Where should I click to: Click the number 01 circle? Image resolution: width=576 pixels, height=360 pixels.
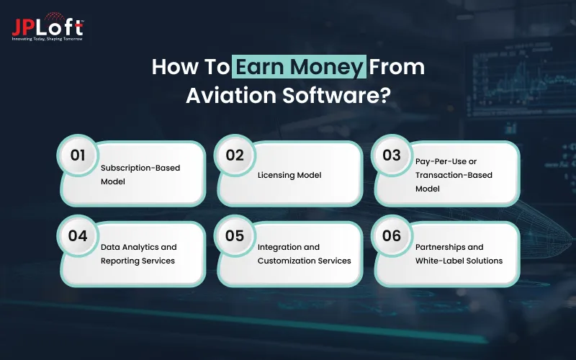78,155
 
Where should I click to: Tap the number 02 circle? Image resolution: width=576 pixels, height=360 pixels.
235,155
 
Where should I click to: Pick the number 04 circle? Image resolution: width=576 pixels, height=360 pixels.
78,235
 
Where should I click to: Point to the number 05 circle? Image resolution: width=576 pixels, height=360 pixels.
235,235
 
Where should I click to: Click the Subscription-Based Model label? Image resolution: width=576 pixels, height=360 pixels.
140,174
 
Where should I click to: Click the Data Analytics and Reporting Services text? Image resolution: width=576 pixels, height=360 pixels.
138,253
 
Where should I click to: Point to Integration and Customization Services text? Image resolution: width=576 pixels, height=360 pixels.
304,253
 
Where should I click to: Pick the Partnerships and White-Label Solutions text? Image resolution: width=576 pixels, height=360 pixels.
459,253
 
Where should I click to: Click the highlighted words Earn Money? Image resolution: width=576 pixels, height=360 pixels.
300,68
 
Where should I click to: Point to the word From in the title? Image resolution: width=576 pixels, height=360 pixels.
398,68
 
